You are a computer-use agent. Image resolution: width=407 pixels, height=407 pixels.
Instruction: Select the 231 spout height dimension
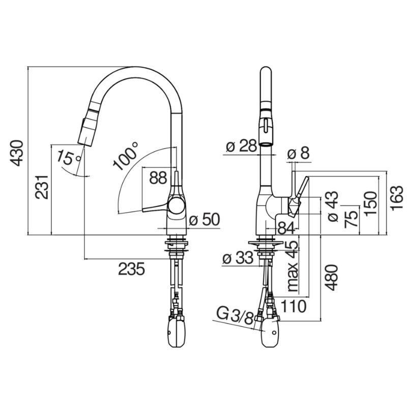click(42, 187)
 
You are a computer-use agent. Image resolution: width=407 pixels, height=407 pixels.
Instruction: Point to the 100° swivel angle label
click(126, 156)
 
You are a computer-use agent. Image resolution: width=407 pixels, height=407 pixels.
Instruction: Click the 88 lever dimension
click(158, 178)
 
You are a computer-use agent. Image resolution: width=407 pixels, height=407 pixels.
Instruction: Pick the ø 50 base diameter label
click(205, 220)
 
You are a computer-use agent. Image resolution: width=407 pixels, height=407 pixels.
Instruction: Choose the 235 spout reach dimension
click(131, 269)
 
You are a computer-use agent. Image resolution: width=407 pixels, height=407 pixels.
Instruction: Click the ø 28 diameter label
click(241, 146)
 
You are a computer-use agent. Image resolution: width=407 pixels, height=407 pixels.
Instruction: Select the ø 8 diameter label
click(299, 154)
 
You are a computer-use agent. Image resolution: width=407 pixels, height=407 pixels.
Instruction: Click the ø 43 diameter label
click(333, 206)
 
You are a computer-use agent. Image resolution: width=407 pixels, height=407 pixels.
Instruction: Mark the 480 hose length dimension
click(332, 277)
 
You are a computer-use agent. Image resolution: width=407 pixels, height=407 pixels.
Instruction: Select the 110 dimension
click(294, 306)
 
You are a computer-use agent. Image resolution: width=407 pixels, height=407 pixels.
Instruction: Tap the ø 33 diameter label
click(238, 258)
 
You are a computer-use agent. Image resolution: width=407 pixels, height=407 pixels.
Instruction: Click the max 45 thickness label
click(293, 266)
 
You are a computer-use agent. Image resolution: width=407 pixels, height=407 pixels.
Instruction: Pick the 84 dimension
click(286, 228)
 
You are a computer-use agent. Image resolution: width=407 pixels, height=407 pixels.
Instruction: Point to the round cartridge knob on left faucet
click(177, 205)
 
